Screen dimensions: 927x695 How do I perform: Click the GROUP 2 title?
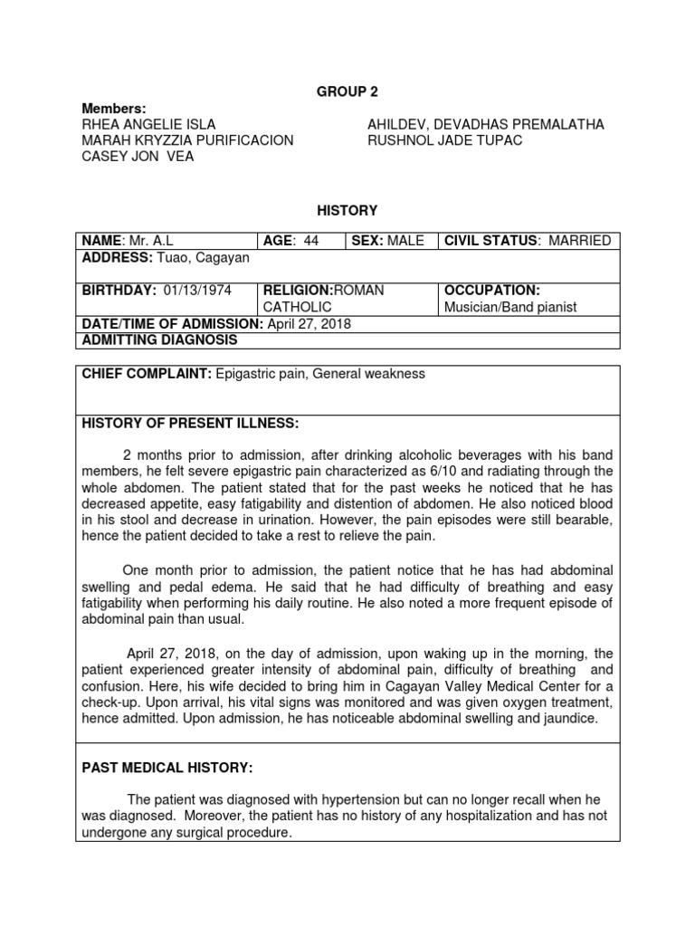coord(347,91)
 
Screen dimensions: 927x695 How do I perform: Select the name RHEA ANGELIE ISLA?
coord(149,124)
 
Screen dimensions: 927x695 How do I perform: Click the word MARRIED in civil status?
coord(580,241)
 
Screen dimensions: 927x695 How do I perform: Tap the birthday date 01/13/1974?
coord(198,291)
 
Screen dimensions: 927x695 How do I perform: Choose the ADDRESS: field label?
coord(114,258)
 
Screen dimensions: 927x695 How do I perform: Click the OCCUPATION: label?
coord(491,291)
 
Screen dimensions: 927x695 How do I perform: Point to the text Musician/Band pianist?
coord(509,307)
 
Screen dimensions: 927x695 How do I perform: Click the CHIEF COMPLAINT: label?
coord(146,374)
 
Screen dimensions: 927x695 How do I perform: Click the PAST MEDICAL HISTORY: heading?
coord(167,769)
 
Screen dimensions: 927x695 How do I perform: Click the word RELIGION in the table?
coord(297,291)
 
